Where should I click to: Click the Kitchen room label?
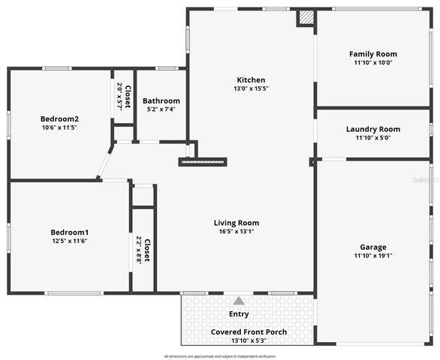click(251, 79)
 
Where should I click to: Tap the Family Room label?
click(373, 54)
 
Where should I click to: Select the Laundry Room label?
click(373, 129)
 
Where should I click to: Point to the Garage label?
click(373, 247)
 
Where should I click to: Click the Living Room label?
click(237, 223)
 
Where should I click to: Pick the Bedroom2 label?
click(59, 118)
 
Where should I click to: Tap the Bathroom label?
click(161, 100)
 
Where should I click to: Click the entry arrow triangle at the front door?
click(239, 300)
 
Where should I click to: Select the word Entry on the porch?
click(239, 314)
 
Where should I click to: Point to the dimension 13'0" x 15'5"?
click(251, 88)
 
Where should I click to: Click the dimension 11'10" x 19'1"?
click(373, 256)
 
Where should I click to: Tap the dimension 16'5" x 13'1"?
click(237, 232)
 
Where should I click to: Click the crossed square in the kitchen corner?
click(306, 17)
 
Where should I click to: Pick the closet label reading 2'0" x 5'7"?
click(119, 97)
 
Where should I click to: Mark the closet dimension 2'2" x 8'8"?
click(138, 250)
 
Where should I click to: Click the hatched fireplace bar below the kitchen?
click(203, 161)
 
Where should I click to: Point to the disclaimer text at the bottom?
click(220, 356)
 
